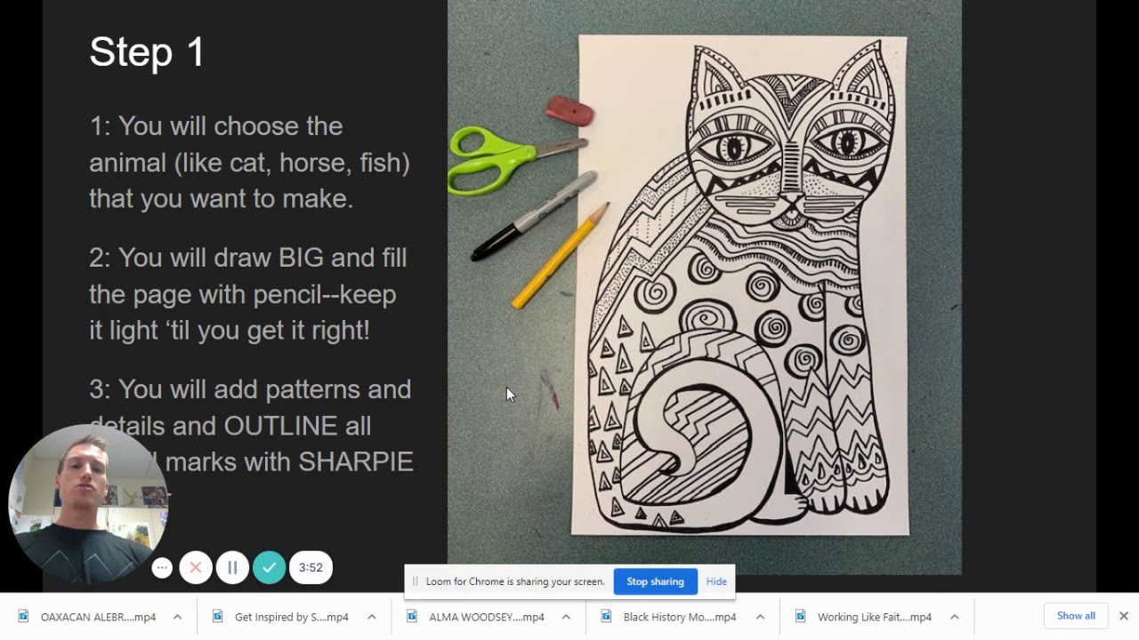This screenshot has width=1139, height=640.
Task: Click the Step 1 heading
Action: click(x=147, y=52)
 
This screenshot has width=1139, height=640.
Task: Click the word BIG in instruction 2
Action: click(x=301, y=258)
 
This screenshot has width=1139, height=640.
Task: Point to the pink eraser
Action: click(x=569, y=111)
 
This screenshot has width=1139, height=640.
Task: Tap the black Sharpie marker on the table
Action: click(x=534, y=217)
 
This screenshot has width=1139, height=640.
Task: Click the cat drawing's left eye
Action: click(x=733, y=147)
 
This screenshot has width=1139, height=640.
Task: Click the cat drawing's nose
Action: click(x=788, y=200)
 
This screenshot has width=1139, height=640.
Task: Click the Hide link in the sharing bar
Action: click(x=716, y=581)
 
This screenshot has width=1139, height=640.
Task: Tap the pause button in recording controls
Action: click(x=232, y=567)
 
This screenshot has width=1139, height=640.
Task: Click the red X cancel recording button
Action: click(x=196, y=567)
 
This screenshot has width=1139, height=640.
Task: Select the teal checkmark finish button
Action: click(x=269, y=567)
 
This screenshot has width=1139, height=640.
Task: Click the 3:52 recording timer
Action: click(x=311, y=567)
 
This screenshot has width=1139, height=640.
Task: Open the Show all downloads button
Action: click(x=1076, y=616)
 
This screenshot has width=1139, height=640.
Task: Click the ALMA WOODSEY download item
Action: click(x=486, y=617)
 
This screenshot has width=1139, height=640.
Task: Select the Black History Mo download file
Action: click(x=679, y=617)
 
